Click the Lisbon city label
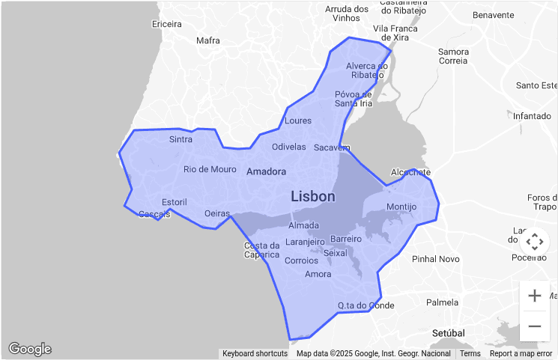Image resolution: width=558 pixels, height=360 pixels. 313,197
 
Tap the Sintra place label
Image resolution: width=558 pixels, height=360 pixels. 181,139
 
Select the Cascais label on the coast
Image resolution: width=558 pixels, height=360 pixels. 155,214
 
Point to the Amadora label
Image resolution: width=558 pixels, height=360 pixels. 266,171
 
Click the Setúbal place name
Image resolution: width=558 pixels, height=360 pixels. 449,332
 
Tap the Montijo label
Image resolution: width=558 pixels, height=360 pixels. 401,207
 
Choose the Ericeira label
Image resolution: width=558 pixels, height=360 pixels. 166,24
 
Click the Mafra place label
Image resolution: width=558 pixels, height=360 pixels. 207,40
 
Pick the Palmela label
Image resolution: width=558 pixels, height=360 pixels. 442,302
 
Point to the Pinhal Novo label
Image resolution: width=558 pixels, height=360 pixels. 435,259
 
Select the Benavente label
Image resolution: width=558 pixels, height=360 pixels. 494,15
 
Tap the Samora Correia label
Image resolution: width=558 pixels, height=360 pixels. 453,56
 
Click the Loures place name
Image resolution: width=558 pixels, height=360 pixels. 298,120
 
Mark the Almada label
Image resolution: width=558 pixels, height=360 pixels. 303,225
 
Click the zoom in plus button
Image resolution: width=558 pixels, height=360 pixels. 535,296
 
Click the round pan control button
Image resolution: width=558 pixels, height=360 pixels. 534,242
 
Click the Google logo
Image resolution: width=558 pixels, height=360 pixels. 30,349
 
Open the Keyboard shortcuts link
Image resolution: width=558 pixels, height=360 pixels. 255,353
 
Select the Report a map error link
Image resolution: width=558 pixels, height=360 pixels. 521,353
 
